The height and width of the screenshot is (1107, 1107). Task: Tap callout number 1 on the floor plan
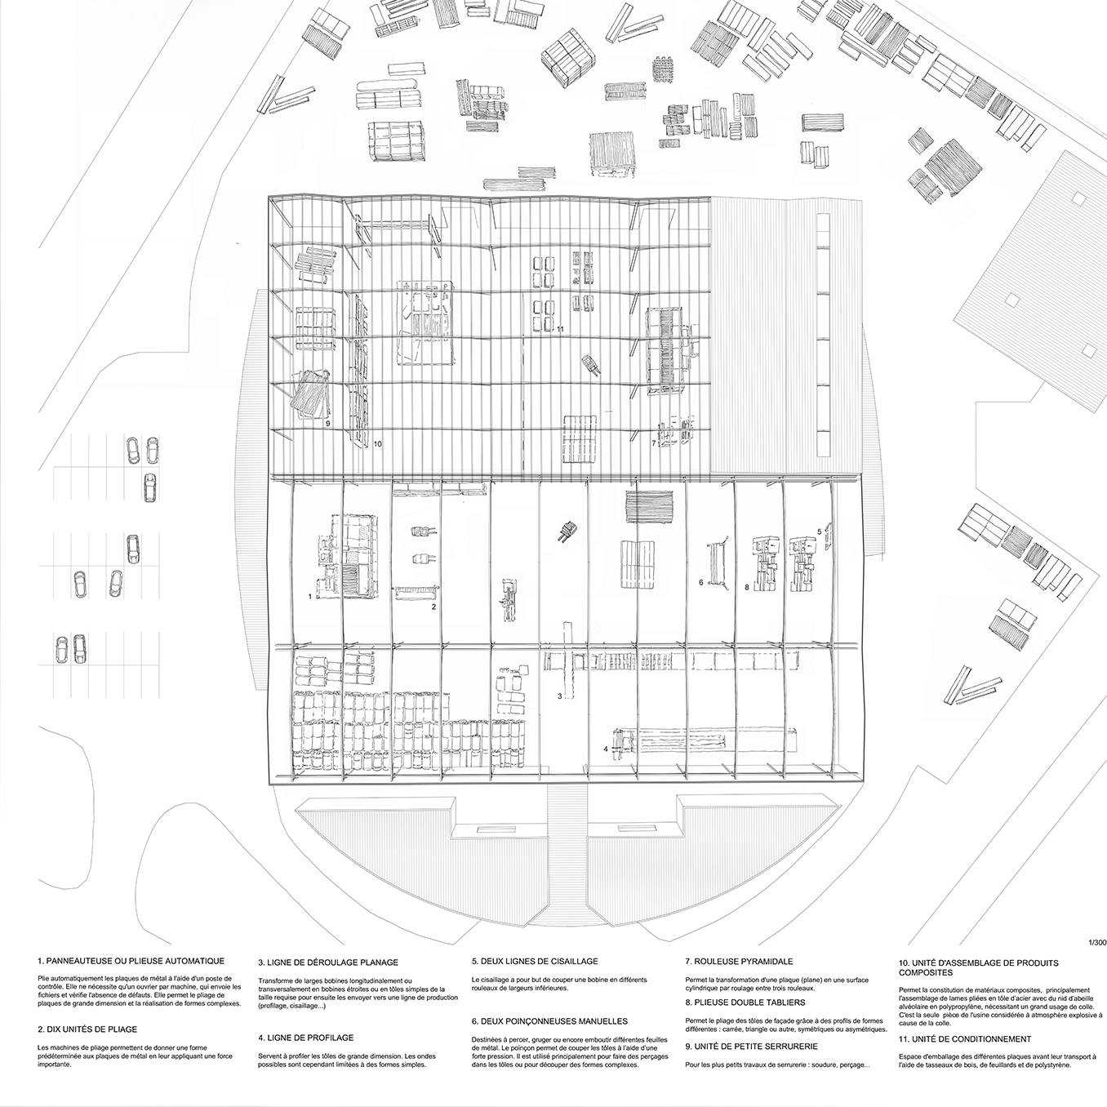(x=310, y=597)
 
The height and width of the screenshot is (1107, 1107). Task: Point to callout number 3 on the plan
(x=559, y=696)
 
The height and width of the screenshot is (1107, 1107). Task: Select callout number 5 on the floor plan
(x=819, y=531)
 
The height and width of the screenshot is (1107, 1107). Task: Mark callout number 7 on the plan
(x=654, y=443)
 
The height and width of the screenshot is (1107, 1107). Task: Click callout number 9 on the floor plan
(x=327, y=425)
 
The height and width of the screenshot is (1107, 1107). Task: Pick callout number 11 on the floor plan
(x=559, y=329)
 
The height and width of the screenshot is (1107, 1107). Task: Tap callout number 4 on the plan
(x=606, y=748)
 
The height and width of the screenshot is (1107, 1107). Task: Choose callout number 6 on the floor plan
(x=700, y=582)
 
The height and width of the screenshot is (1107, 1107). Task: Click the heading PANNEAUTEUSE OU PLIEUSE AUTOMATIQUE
(x=131, y=962)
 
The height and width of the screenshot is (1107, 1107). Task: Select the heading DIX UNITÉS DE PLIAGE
(x=87, y=1029)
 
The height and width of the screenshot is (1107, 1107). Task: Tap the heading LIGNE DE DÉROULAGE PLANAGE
(x=328, y=962)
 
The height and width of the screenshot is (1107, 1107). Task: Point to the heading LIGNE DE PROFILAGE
(x=305, y=1037)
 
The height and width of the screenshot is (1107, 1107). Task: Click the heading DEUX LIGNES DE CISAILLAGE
(x=535, y=962)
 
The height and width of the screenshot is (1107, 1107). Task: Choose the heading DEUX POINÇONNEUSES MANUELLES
(x=549, y=1020)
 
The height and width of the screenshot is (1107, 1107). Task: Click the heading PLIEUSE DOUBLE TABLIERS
(x=745, y=1002)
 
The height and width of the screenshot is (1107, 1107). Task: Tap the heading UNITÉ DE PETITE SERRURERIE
(x=752, y=1046)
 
